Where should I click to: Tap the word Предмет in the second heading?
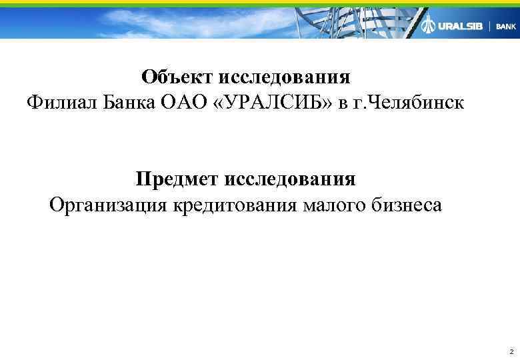177,179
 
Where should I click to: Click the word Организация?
109,205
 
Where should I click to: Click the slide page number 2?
510,351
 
